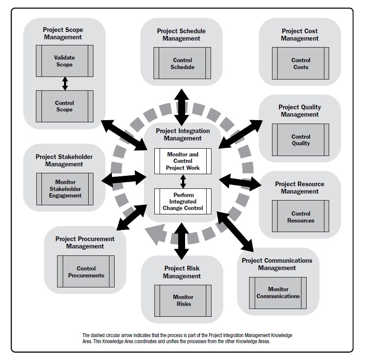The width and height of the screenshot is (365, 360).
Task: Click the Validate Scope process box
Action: pyautogui.click(x=64, y=61)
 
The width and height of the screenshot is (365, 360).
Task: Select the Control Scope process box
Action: pyautogui.click(x=64, y=106)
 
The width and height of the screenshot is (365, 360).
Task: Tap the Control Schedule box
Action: pyautogui.click(x=182, y=64)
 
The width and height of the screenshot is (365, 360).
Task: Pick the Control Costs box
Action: pyautogui.click(x=301, y=64)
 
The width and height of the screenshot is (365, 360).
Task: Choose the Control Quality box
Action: pyautogui.click(x=301, y=140)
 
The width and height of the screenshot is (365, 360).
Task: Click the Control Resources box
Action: pyautogui.click(x=301, y=217)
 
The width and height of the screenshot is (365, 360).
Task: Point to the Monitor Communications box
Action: pyautogui.click(x=278, y=293)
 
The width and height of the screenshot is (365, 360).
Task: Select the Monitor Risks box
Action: pyautogui.click(x=182, y=300)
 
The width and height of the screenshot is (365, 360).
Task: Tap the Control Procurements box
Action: pyautogui.click(x=86, y=272)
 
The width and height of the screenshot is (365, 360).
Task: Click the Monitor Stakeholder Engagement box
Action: pyautogui.click(x=65, y=189)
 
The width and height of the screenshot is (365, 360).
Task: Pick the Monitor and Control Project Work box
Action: pyautogui.click(x=182, y=161)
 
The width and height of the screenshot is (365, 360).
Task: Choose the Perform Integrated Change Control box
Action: pyautogui.click(x=182, y=201)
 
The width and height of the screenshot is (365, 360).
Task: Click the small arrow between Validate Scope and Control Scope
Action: pyautogui.click(x=65, y=83)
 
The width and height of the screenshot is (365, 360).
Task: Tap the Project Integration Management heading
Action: pyautogui.click(x=182, y=135)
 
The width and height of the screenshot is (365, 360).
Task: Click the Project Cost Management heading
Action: pyautogui.click(x=300, y=35)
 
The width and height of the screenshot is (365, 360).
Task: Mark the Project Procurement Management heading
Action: pyautogui.click(x=85, y=242)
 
